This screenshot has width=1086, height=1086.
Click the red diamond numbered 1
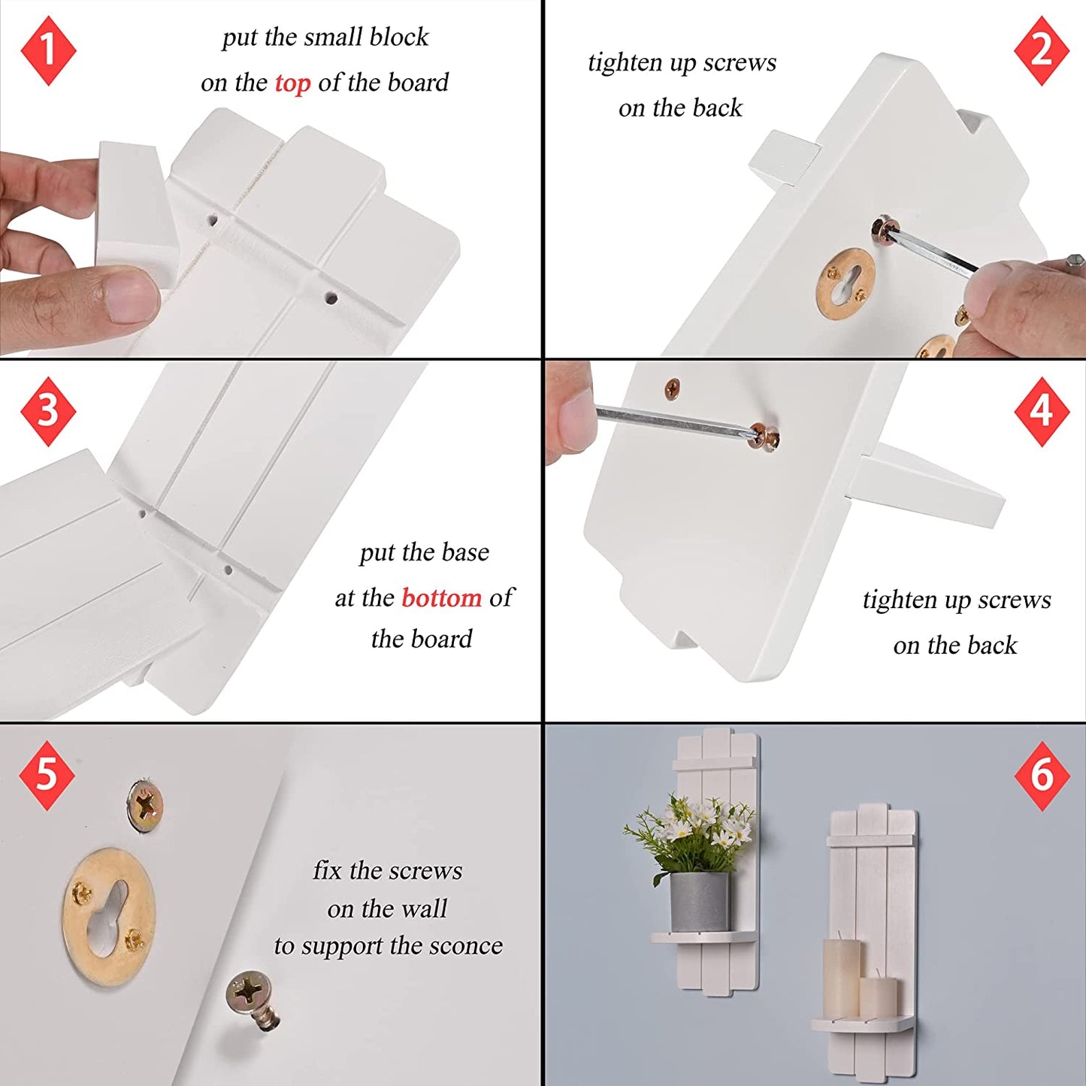pyautogui.click(x=48, y=50)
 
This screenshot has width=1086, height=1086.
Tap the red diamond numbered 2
pyautogui.click(x=1042, y=50)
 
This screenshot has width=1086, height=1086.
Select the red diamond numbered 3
pyautogui.click(x=48, y=411)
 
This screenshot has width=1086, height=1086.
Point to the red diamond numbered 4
pyautogui.click(x=1042, y=411)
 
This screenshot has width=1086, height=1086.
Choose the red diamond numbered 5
pyautogui.click(x=47, y=775)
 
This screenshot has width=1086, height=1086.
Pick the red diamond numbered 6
pyautogui.click(x=1042, y=776)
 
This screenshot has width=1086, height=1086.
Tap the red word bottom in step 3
pyautogui.click(x=442, y=597)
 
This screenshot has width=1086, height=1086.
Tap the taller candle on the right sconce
pyautogui.click(x=841, y=978)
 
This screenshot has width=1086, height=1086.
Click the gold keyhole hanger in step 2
pyautogui.click(x=846, y=280)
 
